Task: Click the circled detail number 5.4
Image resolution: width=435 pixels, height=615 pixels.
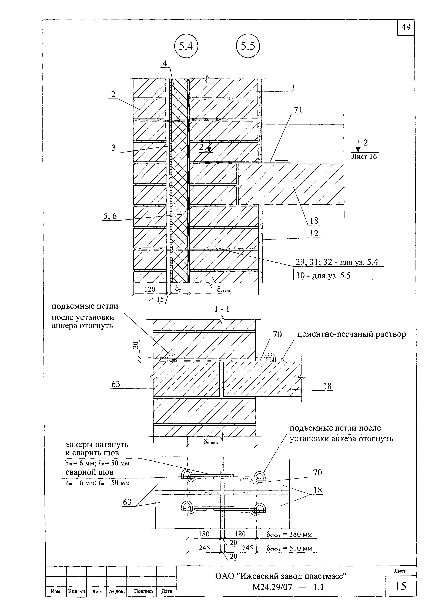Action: (x=186, y=47)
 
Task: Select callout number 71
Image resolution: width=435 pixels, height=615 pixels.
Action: (x=298, y=110)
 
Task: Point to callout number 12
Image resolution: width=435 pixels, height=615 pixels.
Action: (x=314, y=233)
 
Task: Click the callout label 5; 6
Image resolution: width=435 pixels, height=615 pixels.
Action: (x=110, y=216)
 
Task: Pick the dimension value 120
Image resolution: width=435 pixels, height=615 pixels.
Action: (x=150, y=289)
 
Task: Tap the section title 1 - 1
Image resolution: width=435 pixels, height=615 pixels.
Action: (x=222, y=309)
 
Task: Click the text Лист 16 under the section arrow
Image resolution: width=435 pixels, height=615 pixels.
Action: (x=364, y=156)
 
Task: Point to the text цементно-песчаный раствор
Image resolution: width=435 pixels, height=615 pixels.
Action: (x=352, y=334)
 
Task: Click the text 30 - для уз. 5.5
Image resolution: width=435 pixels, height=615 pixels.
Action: (x=323, y=276)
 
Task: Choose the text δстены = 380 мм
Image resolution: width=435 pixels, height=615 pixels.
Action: (x=289, y=534)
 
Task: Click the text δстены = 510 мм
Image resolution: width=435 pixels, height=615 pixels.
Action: (x=289, y=548)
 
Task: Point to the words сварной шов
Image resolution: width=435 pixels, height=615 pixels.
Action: (x=89, y=472)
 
